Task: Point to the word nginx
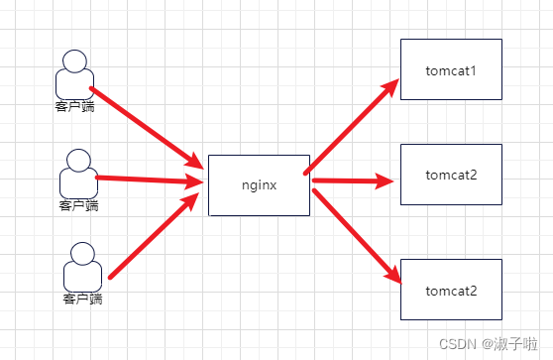(259, 184)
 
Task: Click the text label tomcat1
(451, 71)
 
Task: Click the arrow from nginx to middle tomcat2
(352, 181)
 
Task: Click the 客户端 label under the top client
(75, 104)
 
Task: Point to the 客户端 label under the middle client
(79, 206)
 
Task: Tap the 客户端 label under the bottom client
(83, 298)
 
